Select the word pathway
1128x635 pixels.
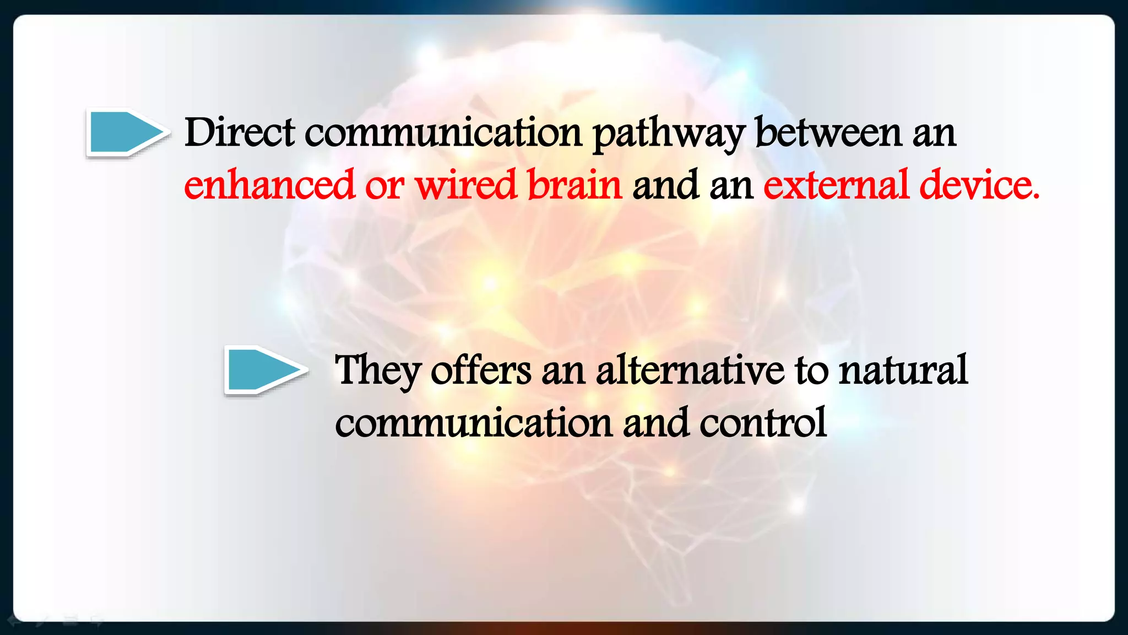[669, 134]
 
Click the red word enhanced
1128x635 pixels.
[269, 185]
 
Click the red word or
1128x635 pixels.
[384, 186]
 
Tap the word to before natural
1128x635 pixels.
[811, 370]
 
